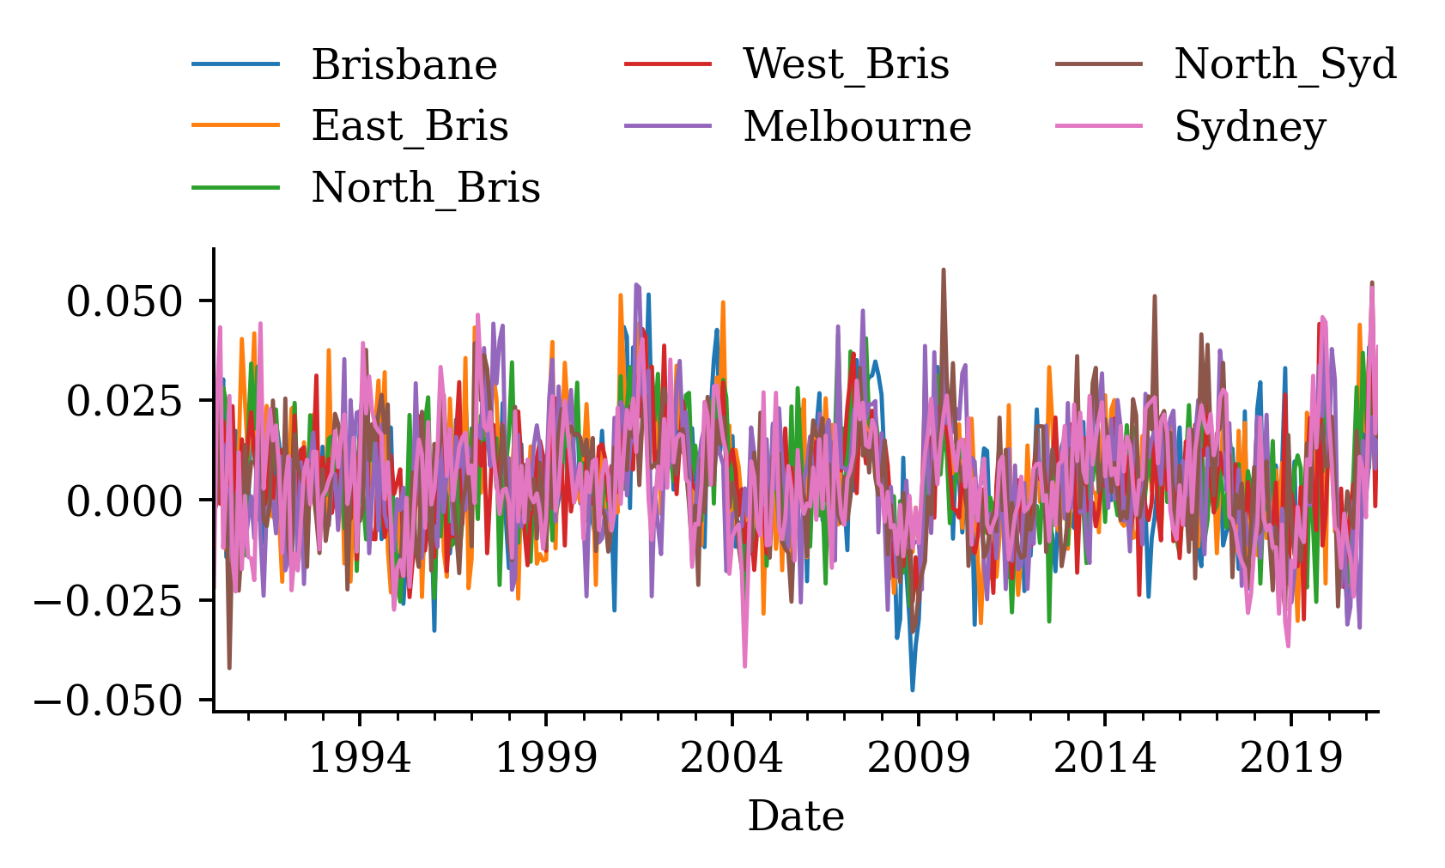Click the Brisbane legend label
click(x=404, y=65)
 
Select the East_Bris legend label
click(x=410, y=127)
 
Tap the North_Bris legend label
click(x=425, y=188)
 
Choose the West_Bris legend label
click(x=846, y=65)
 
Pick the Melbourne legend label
click(x=857, y=127)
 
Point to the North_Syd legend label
click(x=1285, y=65)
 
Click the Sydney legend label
click(x=1250, y=127)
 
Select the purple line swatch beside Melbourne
click(x=668, y=125)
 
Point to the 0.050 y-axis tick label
click(x=124, y=301)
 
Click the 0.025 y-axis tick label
click(x=124, y=401)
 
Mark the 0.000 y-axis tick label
click(x=124, y=501)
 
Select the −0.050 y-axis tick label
click(x=109, y=701)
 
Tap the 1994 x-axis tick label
click(x=360, y=759)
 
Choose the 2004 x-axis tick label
click(x=732, y=759)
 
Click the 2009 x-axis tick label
click(x=918, y=759)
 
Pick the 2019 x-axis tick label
click(x=1290, y=759)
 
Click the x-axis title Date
click(x=796, y=816)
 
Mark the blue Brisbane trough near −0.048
click(x=912, y=689)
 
